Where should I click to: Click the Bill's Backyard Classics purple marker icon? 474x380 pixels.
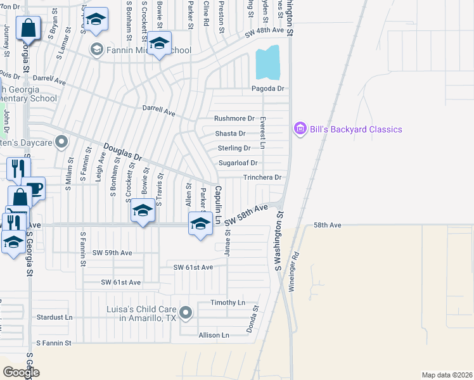point(300,129)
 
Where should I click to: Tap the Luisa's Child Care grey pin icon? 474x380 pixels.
point(186,312)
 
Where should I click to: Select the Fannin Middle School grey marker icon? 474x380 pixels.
point(96,49)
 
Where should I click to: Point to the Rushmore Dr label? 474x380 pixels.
point(234,118)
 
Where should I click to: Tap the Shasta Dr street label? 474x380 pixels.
point(230,134)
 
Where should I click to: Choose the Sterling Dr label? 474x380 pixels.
point(234,148)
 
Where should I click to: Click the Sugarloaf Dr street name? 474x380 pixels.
point(238,163)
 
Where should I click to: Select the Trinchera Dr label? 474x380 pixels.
point(262,177)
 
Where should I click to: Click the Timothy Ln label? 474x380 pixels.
point(227,303)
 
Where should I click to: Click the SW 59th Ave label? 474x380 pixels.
point(112,253)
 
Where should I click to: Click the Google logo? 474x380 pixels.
point(22,372)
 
